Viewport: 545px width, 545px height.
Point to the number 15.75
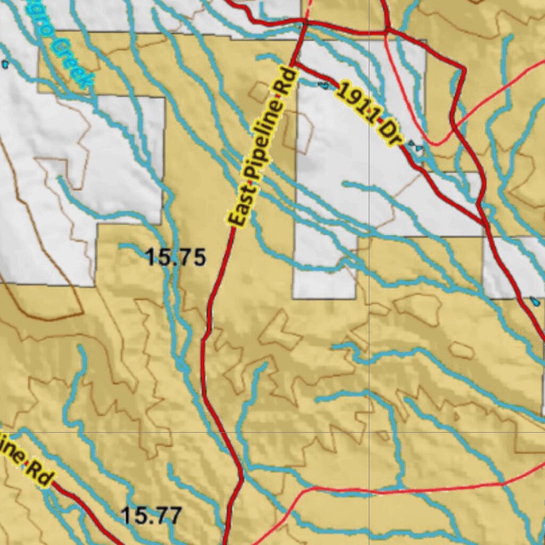point(175,258)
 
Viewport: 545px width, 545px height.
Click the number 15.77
point(152,515)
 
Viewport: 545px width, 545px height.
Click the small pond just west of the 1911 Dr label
point(323,85)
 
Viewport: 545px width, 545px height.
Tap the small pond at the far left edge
point(5,64)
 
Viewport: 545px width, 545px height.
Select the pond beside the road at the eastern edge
point(534,301)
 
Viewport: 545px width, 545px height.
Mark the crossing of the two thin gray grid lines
point(369,432)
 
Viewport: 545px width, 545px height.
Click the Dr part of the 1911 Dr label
point(392,136)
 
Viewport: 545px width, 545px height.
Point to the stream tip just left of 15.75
point(121,246)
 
